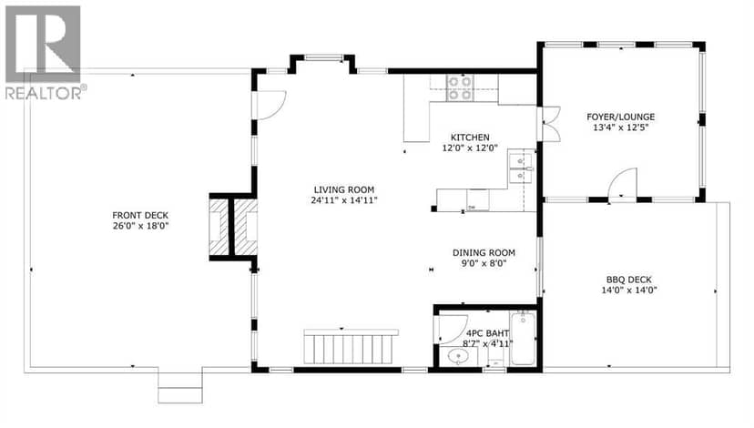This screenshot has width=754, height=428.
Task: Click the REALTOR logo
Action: (44, 52)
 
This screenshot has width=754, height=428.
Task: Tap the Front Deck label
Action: (140, 216)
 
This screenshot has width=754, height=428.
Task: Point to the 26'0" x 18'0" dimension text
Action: (140, 226)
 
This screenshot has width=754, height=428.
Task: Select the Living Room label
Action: (344, 190)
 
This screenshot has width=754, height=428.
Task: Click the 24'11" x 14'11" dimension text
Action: (344, 200)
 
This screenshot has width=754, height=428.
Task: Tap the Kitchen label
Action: (470, 138)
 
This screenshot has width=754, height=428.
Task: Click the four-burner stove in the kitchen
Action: (460, 88)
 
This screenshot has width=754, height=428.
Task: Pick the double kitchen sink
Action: (522, 168)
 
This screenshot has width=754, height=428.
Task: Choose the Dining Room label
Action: (484, 253)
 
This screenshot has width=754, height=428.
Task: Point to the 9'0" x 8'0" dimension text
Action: (484, 263)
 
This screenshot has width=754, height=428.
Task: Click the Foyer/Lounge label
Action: (620, 117)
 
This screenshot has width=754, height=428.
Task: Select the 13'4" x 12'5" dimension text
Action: (620, 127)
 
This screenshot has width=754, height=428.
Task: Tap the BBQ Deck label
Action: (629, 280)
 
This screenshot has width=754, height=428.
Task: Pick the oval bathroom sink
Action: (458, 356)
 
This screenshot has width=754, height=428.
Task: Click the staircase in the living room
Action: (351, 346)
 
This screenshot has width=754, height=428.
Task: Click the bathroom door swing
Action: (453, 329)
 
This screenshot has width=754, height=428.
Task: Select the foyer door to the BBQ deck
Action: (622, 183)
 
